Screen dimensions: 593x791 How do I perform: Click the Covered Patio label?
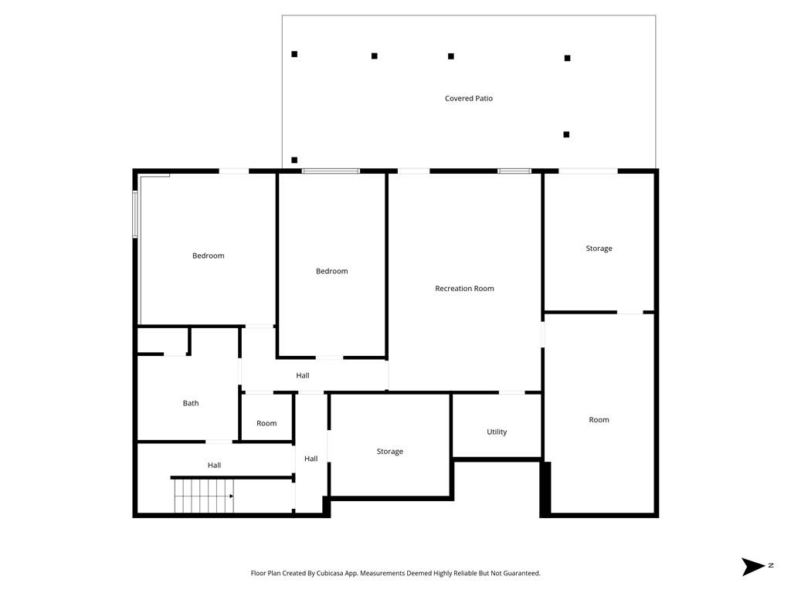(468, 99)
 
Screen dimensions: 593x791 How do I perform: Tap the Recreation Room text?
(464, 289)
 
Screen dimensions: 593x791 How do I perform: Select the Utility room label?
(497, 432)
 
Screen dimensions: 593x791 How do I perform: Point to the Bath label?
(191, 403)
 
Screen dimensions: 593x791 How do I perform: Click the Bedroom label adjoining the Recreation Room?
(331, 271)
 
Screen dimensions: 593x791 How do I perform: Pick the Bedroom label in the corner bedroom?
(208, 256)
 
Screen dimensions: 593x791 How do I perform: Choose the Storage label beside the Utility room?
(389, 452)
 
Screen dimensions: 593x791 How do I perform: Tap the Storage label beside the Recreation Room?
(599, 249)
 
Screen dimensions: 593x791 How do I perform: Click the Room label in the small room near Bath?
(266, 423)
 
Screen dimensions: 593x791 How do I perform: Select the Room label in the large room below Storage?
(599, 420)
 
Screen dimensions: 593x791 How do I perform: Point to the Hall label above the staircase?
(214, 465)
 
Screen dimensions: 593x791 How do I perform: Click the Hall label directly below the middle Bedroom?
(303, 376)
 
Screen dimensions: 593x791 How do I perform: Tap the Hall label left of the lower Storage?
(311, 459)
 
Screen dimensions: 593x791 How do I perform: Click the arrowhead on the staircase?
(231, 496)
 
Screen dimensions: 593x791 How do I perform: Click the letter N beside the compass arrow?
(771, 566)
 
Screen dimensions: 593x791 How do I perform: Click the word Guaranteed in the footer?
(521, 574)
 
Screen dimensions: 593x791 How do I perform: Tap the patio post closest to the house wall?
(294, 160)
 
